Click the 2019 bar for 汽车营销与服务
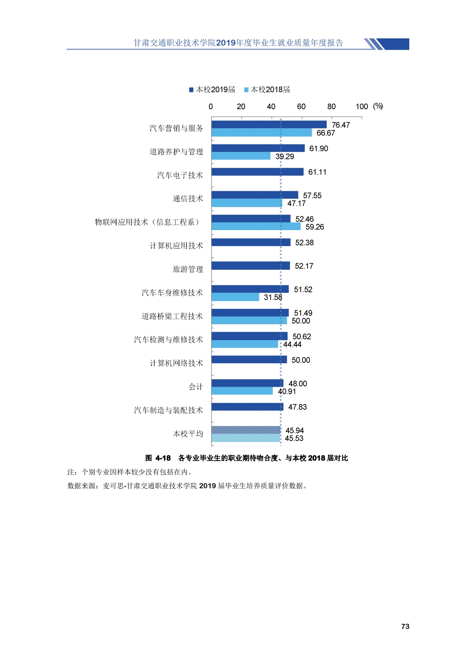click(269, 124)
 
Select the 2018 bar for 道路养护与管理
click(241, 156)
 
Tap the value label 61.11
click(317, 172)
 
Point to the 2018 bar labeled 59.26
click(256, 226)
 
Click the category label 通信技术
click(188, 199)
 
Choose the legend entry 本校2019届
click(212, 90)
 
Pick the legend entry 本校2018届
click(267, 90)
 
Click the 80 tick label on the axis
click(331, 107)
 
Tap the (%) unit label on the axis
click(378, 106)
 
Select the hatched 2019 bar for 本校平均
click(246, 430)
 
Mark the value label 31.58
click(273, 297)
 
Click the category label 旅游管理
click(188, 269)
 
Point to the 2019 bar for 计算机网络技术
click(249, 360)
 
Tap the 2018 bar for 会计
click(242, 391)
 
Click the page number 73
click(405, 626)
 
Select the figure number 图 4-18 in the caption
click(158, 458)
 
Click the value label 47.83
click(297, 407)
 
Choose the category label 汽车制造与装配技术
click(168, 410)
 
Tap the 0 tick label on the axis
click(211, 107)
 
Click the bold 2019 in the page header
click(226, 43)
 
